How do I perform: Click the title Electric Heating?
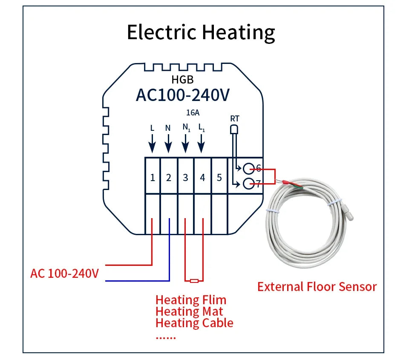201,32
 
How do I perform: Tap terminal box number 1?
152,177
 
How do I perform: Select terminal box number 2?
169,177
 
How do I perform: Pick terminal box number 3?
185,177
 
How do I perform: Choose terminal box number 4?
202,177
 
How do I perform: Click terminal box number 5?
219,177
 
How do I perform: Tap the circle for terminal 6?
248,168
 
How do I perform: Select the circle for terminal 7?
248,184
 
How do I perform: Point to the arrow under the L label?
152,143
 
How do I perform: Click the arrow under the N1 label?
185,143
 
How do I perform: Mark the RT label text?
234,118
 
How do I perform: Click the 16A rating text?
193,113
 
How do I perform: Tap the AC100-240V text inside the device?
182,95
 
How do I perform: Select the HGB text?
182,79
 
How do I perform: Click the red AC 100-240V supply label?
64,273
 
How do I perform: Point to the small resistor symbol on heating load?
194,280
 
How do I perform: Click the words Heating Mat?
189,311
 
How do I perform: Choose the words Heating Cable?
194,323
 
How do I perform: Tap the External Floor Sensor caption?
317,287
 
